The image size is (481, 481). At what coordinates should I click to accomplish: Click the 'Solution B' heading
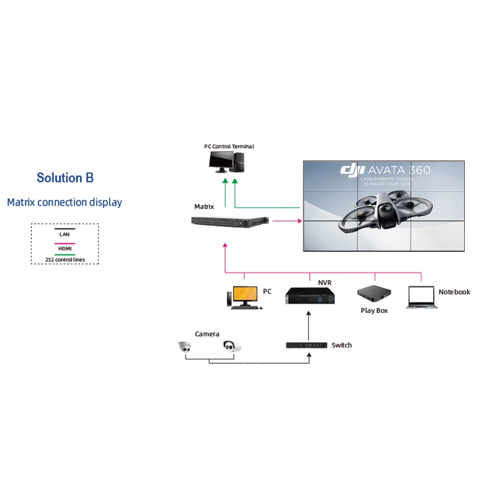(65, 178)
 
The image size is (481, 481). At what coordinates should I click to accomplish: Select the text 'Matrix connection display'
(64, 203)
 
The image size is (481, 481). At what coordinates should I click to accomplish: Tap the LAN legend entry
(64, 234)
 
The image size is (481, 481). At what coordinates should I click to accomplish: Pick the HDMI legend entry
(65, 248)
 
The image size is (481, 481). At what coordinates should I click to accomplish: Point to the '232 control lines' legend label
(65, 260)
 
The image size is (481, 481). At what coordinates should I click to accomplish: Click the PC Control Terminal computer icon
(227, 162)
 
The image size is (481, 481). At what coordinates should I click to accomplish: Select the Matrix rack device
(230, 221)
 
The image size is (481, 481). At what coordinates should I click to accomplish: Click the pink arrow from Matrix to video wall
(287, 221)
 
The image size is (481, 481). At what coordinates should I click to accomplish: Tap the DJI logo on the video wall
(352, 171)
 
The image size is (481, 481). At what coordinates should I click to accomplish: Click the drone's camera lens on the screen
(385, 209)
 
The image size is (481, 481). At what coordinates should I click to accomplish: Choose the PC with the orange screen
(245, 298)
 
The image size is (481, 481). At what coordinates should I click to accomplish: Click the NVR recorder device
(310, 296)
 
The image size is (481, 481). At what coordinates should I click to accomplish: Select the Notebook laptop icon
(422, 297)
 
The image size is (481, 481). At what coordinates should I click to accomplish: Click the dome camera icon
(185, 347)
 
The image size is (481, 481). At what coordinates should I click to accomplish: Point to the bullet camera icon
(232, 346)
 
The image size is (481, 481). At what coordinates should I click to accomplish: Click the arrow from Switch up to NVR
(309, 326)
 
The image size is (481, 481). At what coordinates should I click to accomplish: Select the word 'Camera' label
(207, 334)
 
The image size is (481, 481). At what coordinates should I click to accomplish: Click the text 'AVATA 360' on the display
(399, 170)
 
